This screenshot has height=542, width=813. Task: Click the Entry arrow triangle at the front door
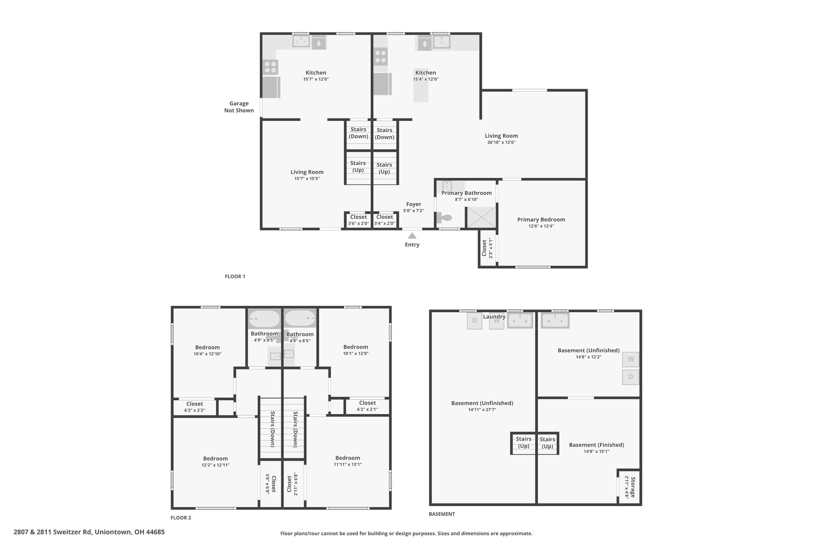coord(412,235)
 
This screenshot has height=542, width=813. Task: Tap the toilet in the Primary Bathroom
coord(444,218)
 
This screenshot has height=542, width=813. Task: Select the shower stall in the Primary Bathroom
coord(481,217)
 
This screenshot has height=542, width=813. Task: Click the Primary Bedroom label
coord(541,220)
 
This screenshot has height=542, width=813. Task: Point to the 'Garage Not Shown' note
coord(239,107)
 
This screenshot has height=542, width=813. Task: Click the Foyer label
coord(414,204)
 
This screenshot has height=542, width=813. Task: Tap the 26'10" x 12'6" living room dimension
coord(501,142)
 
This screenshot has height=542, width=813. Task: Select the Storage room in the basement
coord(630,487)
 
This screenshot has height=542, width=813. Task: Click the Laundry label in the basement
coord(494,317)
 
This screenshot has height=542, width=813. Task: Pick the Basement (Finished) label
coord(596,445)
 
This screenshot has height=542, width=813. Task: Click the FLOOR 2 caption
coord(181,518)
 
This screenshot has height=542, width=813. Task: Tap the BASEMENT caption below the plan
coord(442,514)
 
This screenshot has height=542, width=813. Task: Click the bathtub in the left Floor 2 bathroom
coord(264,318)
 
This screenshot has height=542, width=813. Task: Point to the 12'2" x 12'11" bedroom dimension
coord(216,465)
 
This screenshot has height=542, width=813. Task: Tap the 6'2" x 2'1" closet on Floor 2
coord(367,406)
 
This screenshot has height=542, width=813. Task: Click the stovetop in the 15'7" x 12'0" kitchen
coord(271,67)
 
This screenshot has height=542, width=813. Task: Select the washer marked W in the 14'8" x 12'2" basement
coord(631,359)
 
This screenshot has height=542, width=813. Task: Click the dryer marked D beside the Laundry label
coord(474,321)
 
